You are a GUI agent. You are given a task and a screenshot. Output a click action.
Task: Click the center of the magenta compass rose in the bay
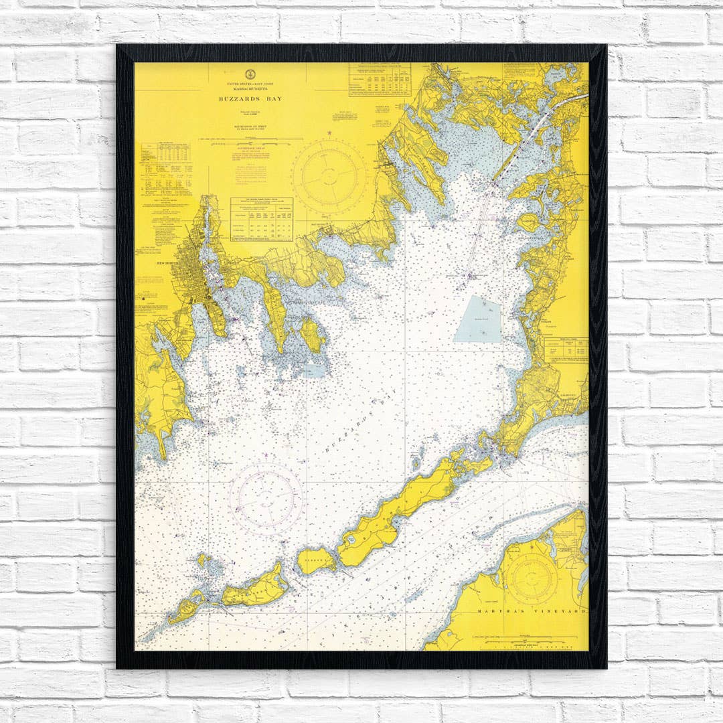pos(265,498)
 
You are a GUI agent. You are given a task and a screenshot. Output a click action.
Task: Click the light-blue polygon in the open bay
pos(479,320)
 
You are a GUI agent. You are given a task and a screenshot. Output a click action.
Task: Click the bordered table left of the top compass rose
pos(261,219)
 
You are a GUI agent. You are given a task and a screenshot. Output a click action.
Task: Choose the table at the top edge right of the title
pos(379,80)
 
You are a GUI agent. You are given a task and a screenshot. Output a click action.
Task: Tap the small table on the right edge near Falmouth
pos(566,349)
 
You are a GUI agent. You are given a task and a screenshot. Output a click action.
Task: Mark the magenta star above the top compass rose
pos(329,134)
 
